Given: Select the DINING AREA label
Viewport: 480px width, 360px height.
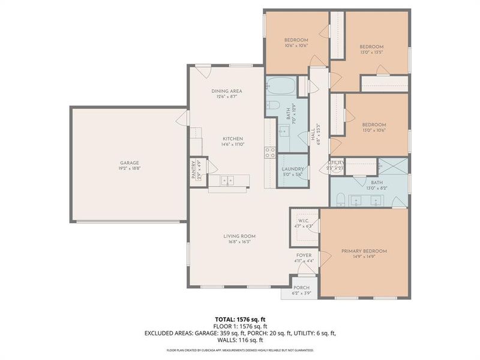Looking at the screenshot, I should point(226,91).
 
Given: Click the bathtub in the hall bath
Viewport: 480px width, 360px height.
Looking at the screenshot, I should point(280,88).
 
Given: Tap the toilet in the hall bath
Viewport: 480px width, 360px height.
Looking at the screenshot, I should point(272,106).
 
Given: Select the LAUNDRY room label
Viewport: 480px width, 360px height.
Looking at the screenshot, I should point(292,169).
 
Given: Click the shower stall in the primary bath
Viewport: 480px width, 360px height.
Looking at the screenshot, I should point(393,166).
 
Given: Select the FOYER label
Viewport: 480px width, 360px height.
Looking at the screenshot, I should point(304,255).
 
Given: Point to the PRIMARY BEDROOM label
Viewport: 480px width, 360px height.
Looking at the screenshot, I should point(364,251).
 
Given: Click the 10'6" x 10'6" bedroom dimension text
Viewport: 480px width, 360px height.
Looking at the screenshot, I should point(296,46).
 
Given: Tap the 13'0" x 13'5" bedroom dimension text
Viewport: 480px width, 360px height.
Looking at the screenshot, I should point(371,52).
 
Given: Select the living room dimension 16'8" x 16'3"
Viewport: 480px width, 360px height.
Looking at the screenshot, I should point(239,242).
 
